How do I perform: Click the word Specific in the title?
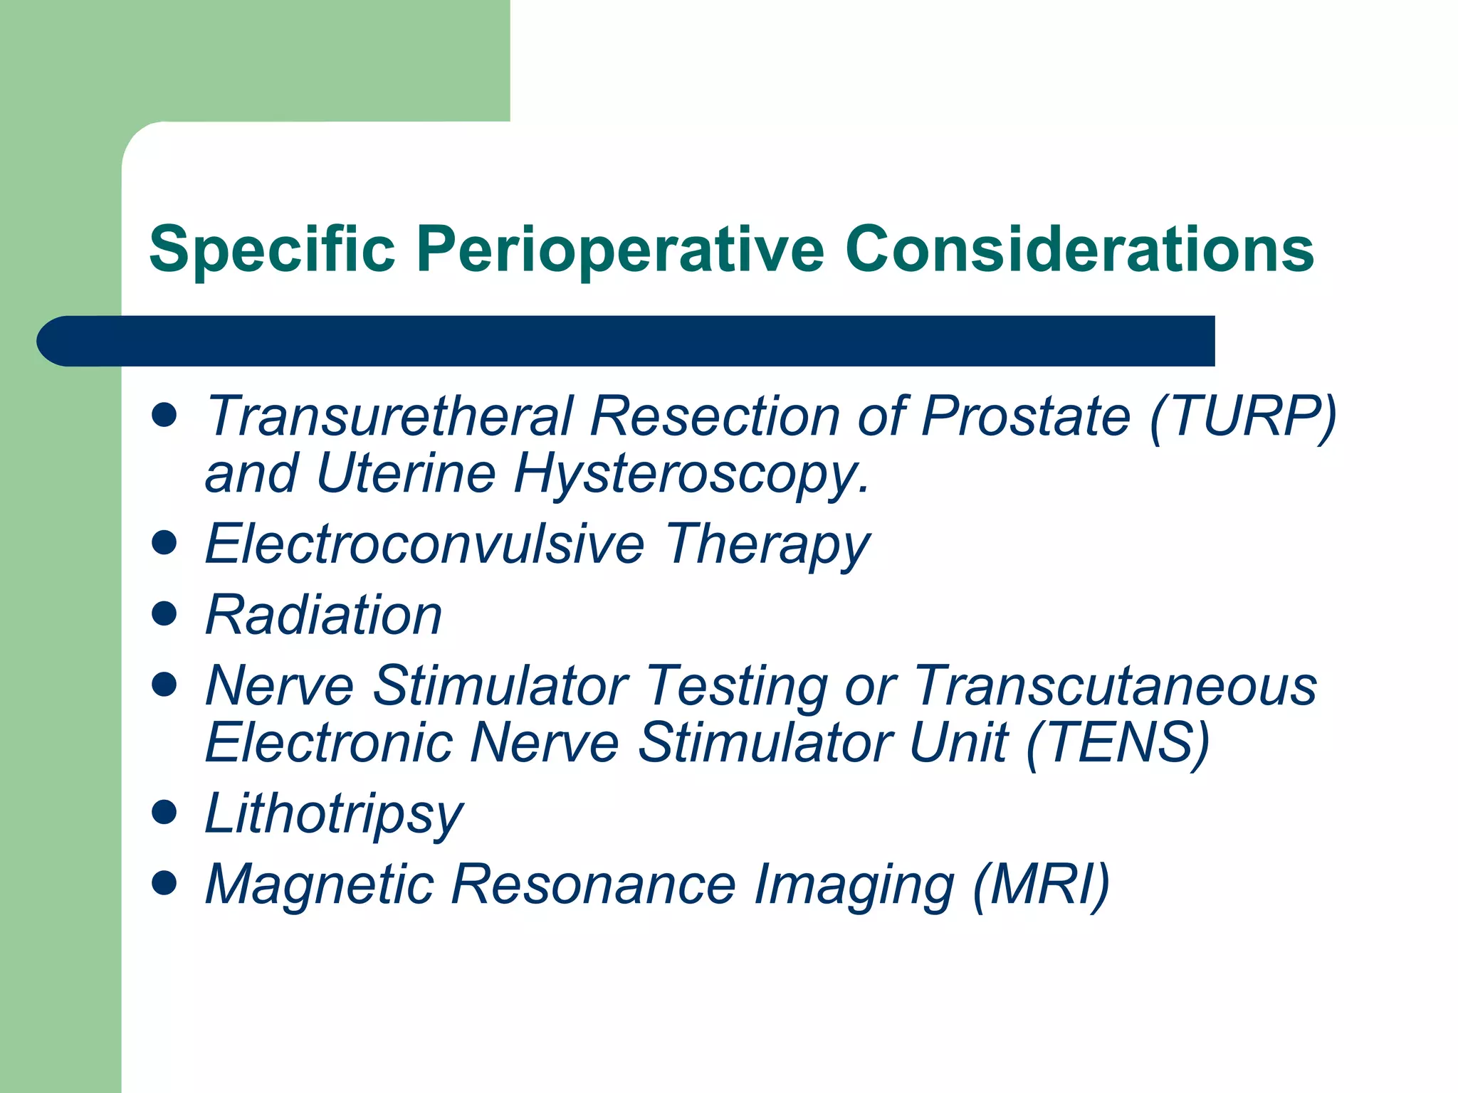pyautogui.click(x=271, y=249)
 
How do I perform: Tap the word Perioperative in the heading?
pyautogui.click(x=619, y=249)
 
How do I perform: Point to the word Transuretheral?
pyautogui.click(x=389, y=416)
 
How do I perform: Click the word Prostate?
pyautogui.click(x=1025, y=416)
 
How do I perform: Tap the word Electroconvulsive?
pyautogui.click(x=424, y=544)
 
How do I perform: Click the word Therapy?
pyautogui.click(x=767, y=544)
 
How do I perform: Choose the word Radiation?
pyautogui.click(x=323, y=615)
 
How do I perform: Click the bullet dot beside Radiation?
pyautogui.click(x=164, y=613)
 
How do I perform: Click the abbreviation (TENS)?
pyautogui.click(x=1118, y=743)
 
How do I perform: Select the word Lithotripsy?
pyautogui.click(x=333, y=814)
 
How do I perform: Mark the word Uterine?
pyautogui.click(x=406, y=474)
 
